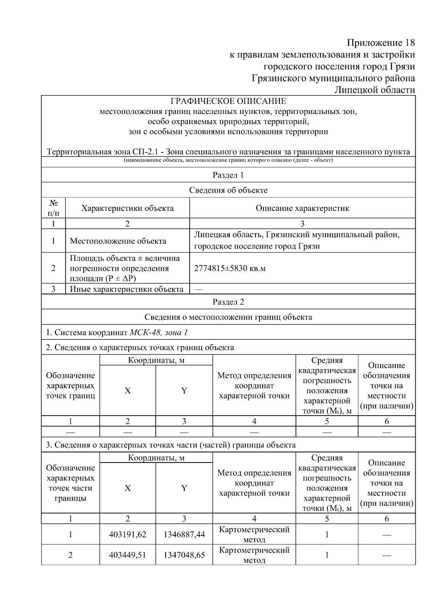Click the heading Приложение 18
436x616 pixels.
click(x=380, y=43)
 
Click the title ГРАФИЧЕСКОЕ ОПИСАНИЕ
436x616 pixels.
click(x=228, y=101)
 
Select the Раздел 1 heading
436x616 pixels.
click(x=228, y=175)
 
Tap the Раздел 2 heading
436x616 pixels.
click(x=228, y=302)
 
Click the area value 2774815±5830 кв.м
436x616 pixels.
click(x=230, y=269)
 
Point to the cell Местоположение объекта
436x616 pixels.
click(x=118, y=241)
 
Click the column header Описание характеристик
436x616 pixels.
click(x=302, y=208)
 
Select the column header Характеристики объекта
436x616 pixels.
click(x=127, y=208)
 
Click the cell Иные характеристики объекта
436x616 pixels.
click(x=126, y=289)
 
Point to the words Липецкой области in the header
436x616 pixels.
click(x=374, y=90)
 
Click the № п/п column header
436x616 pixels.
click(x=53, y=208)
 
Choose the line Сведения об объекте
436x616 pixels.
click(x=228, y=190)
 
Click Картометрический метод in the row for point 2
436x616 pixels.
click(x=254, y=555)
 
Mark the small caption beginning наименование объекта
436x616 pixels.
click(x=228, y=160)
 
